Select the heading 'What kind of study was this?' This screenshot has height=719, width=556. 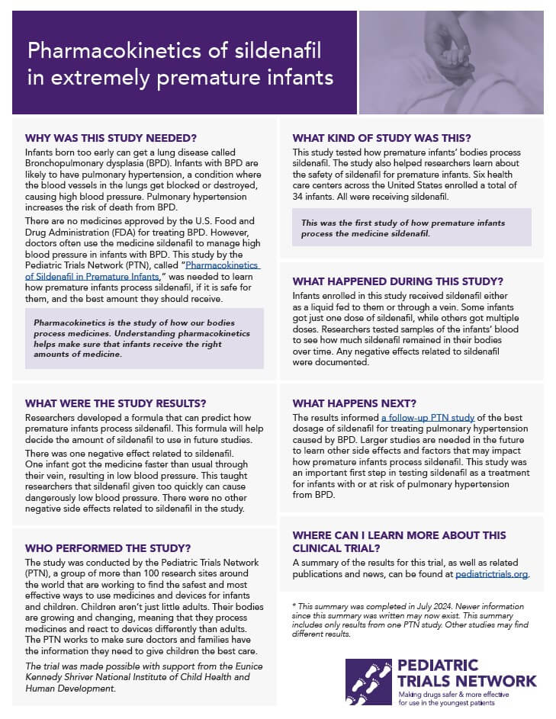pos(381,138)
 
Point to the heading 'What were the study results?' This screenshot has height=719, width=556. pos(116,403)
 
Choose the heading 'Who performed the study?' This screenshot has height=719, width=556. pos(108,547)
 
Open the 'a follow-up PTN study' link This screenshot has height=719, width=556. pos(428,418)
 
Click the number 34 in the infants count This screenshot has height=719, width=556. pos(300,197)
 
